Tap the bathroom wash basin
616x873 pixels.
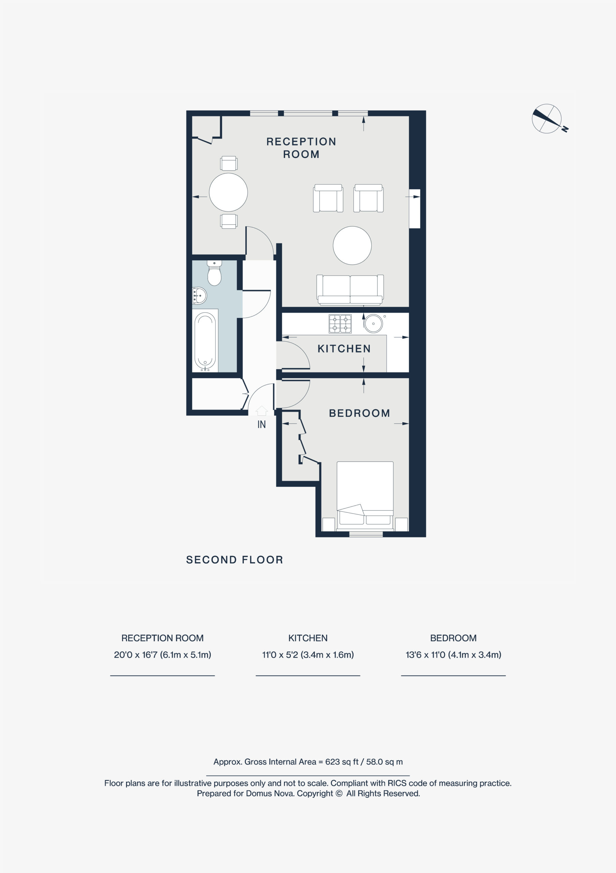click(199, 296)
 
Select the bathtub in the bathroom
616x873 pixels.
click(205, 341)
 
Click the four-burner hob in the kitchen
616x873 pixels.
click(340, 324)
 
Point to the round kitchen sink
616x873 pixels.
click(373, 324)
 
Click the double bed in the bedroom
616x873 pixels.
click(365, 496)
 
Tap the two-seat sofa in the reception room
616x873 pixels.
click(350, 290)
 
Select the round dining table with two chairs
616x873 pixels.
click(229, 192)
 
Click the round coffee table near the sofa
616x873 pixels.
click(352, 245)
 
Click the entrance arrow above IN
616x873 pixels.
click(262, 411)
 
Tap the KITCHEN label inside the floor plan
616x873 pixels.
click(344, 349)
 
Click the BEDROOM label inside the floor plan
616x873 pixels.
click(360, 413)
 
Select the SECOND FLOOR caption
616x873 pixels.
click(235, 560)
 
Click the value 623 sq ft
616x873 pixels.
click(342, 762)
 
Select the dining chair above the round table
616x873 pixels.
click(229, 163)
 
